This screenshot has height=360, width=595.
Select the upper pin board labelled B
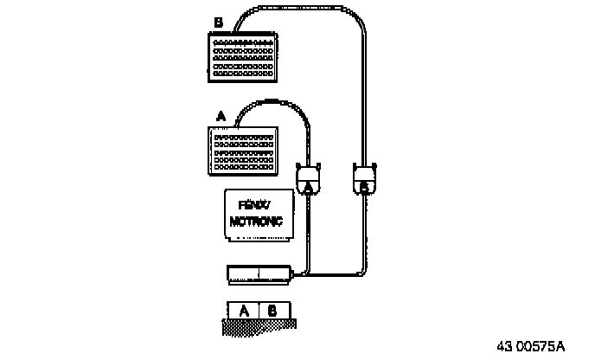coord(242,56)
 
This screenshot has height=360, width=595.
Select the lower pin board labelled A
coord(245,151)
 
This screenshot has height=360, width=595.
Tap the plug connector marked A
coord(308,178)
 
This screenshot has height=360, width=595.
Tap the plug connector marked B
coord(364,178)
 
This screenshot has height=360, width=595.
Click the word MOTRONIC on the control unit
coord(257,222)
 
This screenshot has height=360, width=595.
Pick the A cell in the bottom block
coord(243,309)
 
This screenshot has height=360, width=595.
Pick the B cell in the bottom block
coord(273,309)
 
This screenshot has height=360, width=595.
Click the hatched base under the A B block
coord(259,326)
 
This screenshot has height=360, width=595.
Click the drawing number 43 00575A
coord(530,346)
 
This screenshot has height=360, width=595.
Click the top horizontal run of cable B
coord(294,8)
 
